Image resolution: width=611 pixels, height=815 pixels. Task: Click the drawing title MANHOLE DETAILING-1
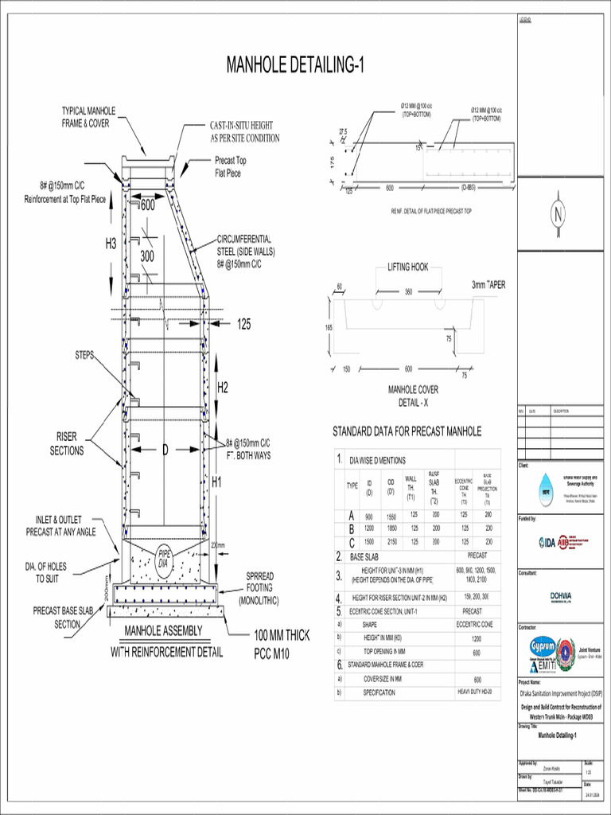click(x=295, y=65)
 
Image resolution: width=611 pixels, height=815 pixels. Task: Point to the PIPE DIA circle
click(x=165, y=558)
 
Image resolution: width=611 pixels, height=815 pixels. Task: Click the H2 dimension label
click(x=223, y=388)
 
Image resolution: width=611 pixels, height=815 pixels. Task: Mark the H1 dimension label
click(x=217, y=482)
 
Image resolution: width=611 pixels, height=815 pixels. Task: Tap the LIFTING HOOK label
click(x=408, y=267)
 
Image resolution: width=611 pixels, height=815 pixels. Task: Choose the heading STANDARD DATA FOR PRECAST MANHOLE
click(x=407, y=431)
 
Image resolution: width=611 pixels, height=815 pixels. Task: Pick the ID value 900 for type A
click(x=369, y=517)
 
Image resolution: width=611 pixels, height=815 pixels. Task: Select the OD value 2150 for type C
click(x=391, y=541)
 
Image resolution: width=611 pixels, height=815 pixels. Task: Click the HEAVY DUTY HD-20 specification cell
click(x=477, y=692)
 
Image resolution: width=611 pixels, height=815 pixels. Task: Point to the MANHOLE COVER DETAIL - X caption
click(x=413, y=396)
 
